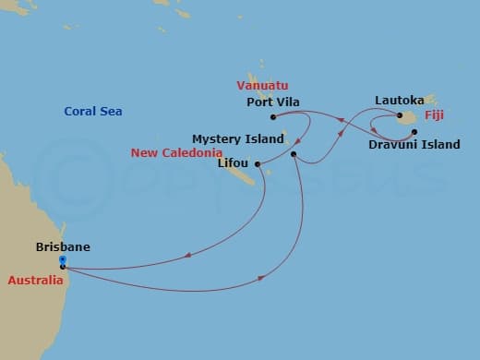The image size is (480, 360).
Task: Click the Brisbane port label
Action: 62,247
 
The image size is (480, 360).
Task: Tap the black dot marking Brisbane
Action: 62,267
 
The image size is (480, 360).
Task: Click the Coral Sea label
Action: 93,112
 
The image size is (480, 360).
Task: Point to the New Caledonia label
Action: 176,152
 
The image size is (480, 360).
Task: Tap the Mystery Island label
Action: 238,138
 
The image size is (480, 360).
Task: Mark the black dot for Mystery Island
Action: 294,153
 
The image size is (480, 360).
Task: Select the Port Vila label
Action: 273,102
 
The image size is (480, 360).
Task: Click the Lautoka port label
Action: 400,99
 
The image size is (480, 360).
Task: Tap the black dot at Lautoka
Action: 402,116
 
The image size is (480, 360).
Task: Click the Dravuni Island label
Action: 414,145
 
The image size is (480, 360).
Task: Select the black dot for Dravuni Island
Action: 414,132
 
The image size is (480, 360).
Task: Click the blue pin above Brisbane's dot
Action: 62,260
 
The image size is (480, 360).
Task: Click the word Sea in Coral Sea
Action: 112,112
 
